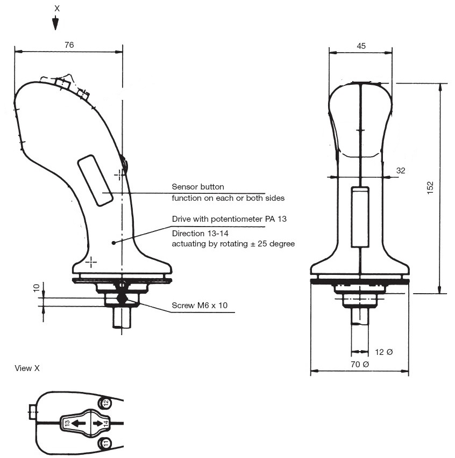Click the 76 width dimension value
tap(69, 45)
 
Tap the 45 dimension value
tap(361, 46)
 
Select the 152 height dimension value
tap(430, 188)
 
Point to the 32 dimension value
tap(401, 171)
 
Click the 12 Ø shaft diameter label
tap(383, 352)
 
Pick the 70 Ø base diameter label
tap(360, 364)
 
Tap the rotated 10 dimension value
tap(36, 288)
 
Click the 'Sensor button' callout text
tap(198, 187)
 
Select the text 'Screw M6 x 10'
tap(200, 305)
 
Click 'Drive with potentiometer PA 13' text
tap(229, 219)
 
